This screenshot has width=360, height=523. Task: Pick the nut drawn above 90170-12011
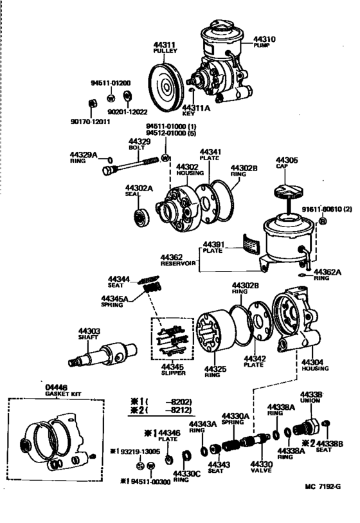pos(91,103)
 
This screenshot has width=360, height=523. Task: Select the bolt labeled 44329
pos(136,165)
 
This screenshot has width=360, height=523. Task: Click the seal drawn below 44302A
pos(139,216)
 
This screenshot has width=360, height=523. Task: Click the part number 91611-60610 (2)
pos(324,210)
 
